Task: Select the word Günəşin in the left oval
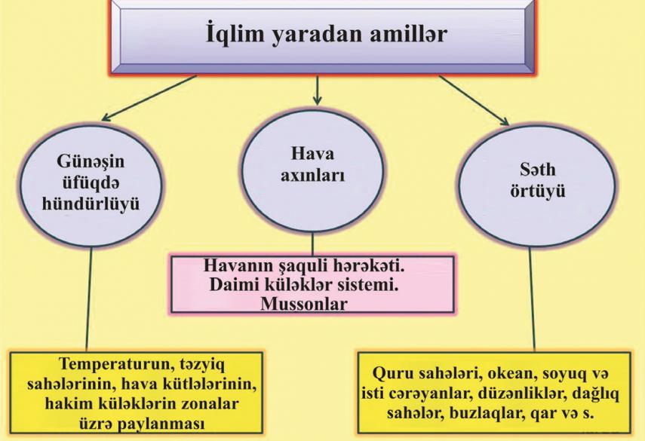point(91,161)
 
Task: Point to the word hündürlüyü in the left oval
point(91,204)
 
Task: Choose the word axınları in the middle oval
point(312,176)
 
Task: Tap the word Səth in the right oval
point(538,170)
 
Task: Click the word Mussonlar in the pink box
point(304,305)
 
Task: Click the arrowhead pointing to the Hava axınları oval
point(317,100)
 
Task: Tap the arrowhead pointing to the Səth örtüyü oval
point(505,121)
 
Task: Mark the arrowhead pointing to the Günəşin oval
point(106,118)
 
